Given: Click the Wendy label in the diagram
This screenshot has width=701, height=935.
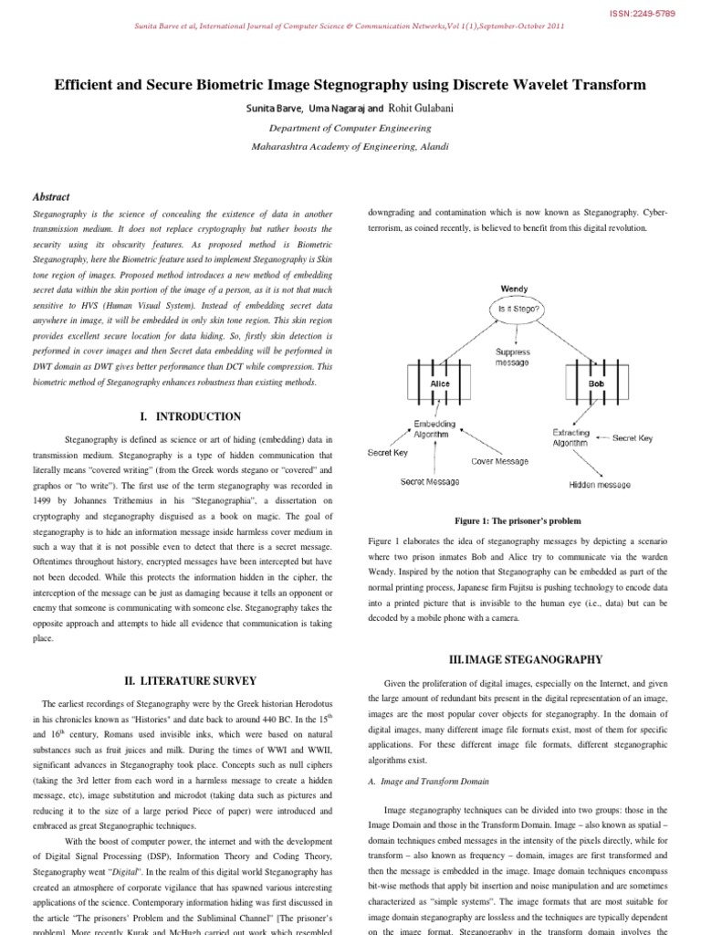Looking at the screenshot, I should click(515, 289).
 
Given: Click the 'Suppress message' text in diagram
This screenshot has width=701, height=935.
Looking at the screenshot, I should click(512, 356).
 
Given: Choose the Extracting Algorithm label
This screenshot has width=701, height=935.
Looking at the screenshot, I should click(571, 436).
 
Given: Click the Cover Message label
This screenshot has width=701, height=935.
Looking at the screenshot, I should click(499, 461).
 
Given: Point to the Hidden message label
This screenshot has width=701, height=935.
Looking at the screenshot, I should click(600, 485).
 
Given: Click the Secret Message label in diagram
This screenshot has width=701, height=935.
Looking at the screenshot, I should click(430, 481).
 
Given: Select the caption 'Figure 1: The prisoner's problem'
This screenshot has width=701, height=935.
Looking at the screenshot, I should click(518, 520).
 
